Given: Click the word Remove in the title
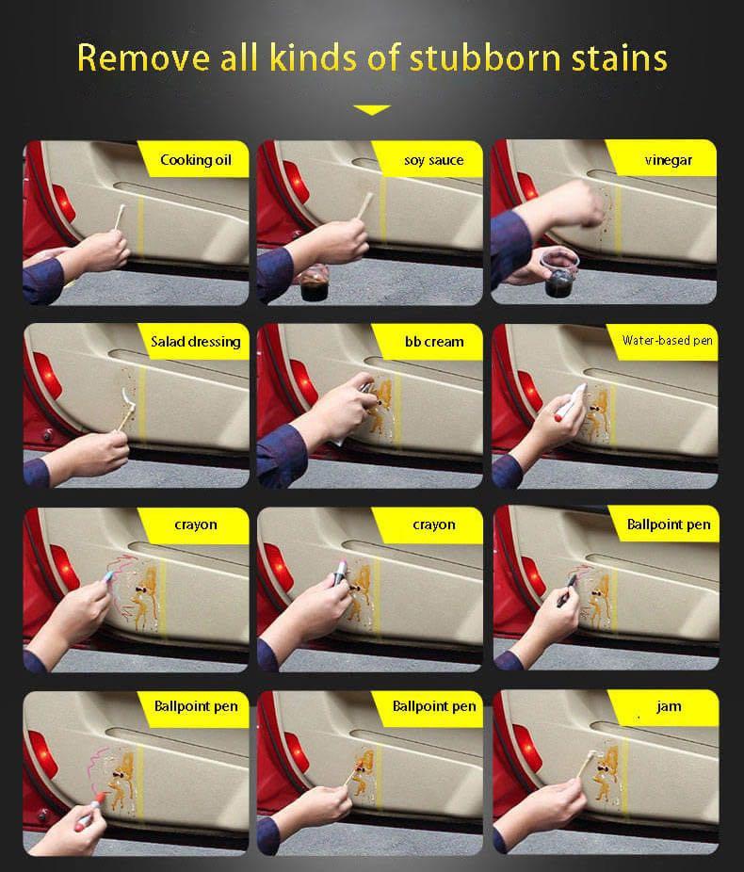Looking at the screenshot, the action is tap(144, 57).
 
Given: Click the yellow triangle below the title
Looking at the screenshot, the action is tap(372, 109).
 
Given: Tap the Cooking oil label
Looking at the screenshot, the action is tap(196, 160).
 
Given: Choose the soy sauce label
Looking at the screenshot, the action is tap(434, 160).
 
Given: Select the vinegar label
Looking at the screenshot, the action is tap(669, 160).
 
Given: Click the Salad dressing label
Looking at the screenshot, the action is tap(196, 342).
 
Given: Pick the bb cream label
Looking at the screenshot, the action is tap(434, 342).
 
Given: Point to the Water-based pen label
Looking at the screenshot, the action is tap(668, 340).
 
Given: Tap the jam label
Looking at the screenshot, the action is tap(669, 706).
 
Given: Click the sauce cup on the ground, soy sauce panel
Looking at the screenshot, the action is tap(315, 284).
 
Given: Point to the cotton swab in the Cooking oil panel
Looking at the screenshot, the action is tap(120, 218).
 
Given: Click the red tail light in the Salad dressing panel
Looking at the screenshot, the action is tap(47, 376).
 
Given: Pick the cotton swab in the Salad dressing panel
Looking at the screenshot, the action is tap(125, 412).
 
